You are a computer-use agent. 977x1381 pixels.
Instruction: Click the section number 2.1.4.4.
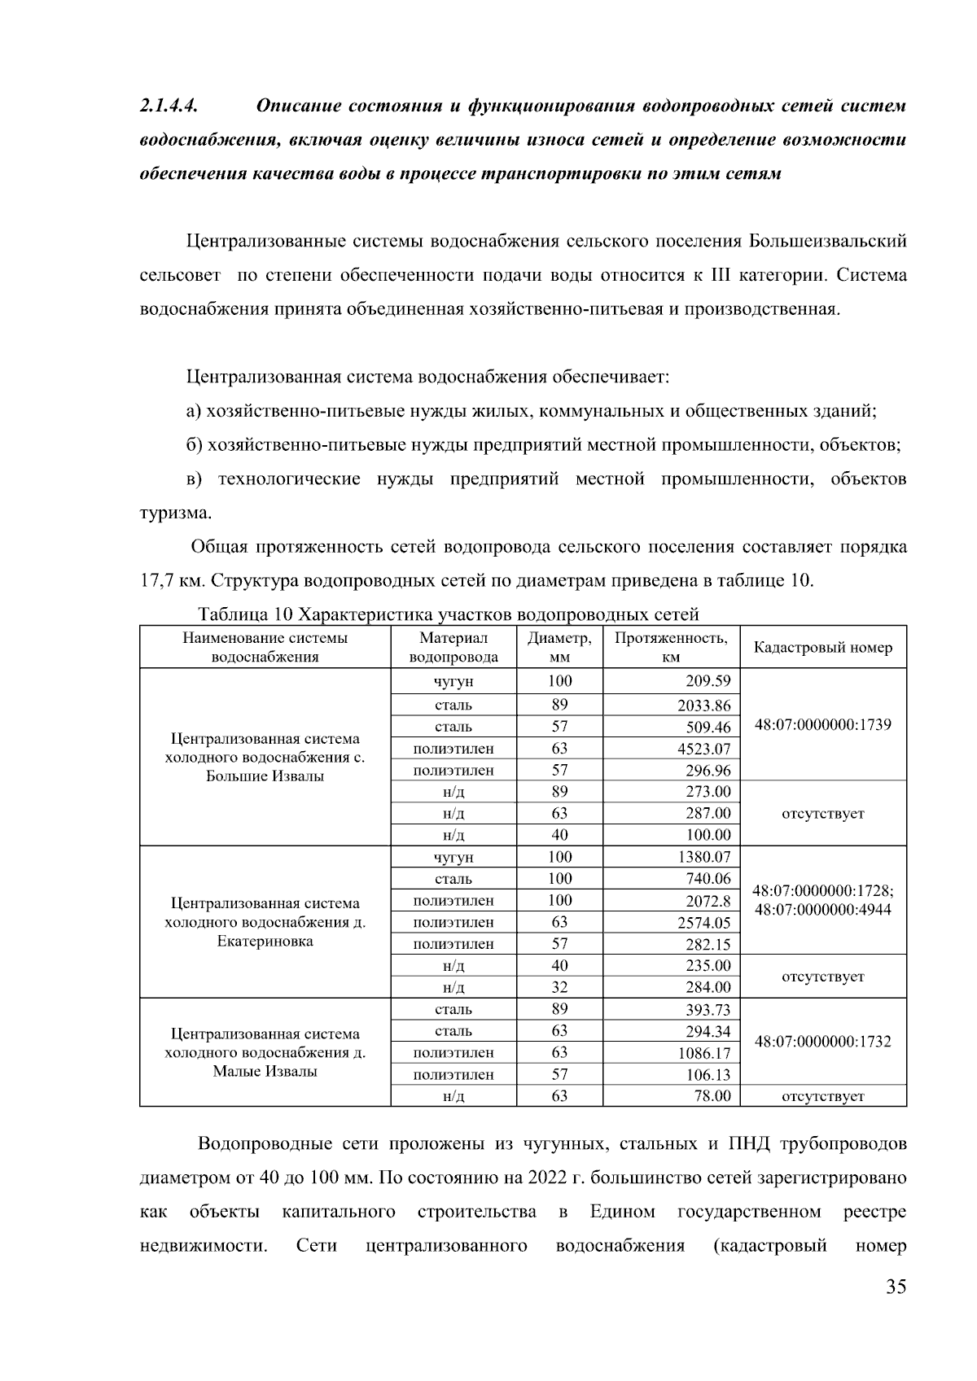[x=169, y=107]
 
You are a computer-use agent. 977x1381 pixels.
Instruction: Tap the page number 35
[x=896, y=1287]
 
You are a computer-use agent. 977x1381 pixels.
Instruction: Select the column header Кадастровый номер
[x=822, y=648]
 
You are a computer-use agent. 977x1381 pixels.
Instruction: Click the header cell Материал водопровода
[x=453, y=648]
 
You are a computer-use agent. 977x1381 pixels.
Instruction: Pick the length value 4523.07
[x=704, y=749]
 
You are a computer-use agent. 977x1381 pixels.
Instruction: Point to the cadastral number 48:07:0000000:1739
[x=822, y=724]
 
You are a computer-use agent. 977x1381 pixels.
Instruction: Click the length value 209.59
[x=708, y=681]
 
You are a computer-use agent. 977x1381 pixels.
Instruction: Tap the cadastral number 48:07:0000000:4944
[x=822, y=909]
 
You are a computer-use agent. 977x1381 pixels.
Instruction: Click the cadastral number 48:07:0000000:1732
[x=822, y=1042]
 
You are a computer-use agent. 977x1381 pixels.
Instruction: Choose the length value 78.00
[x=712, y=1096]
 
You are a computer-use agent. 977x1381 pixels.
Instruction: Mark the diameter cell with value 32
[x=559, y=987]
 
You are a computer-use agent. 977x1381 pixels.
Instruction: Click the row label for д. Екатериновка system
[x=265, y=922]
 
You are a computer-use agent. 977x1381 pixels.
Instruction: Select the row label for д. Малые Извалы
[x=265, y=1052]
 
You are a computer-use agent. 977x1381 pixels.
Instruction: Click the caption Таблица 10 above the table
[x=244, y=614]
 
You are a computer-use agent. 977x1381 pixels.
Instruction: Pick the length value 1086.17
[x=704, y=1053]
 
